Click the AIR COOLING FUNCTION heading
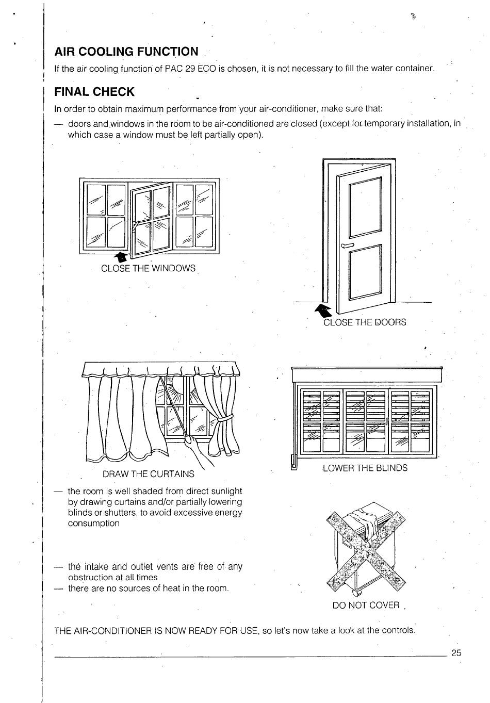click(126, 51)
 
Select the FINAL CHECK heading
click(94, 92)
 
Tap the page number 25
click(456, 652)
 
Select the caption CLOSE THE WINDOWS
click(149, 268)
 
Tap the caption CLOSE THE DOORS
click(365, 322)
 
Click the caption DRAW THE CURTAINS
click(149, 473)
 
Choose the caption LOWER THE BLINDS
click(365, 468)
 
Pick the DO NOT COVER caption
click(366, 605)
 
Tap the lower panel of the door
click(365, 272)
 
